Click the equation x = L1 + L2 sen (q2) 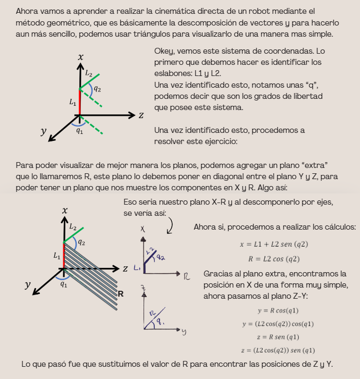pos(274,245)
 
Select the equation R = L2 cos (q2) pos(274,259)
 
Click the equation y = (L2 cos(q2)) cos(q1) pos(278,324)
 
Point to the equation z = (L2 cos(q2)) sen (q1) pos(278,350)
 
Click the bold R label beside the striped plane pos(121,293)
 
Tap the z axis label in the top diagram pos(141,115)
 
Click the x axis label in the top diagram pos(80,57)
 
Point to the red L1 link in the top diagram pos(79,101)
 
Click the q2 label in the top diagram pos(98,89)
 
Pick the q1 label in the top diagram pos(79,130)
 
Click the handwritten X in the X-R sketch pos(143,229)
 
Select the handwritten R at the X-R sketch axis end pos(187,277)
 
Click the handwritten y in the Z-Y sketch pos(183,332)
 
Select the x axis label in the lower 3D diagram pos(65,210)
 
